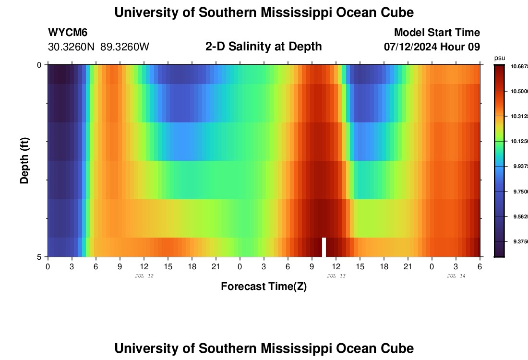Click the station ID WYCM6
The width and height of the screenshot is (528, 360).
click(x=68, y=33)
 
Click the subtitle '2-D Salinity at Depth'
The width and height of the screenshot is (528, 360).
click(x=264, y=47)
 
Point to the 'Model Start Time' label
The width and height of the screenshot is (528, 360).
click(x=436, y=33)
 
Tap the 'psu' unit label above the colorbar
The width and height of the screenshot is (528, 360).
click(x=500, y=58)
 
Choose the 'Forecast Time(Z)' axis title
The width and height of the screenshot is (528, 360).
click(x=264, y=287)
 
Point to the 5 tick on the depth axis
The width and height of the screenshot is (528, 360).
click(x=39, y=257)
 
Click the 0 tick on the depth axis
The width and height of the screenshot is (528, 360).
click(x=39, y=65)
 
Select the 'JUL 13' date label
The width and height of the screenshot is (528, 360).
click(x=336, y=276)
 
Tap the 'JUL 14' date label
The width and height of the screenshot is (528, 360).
click(x=456, y=276)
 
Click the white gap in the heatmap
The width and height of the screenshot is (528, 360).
click(x=324, y=247)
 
